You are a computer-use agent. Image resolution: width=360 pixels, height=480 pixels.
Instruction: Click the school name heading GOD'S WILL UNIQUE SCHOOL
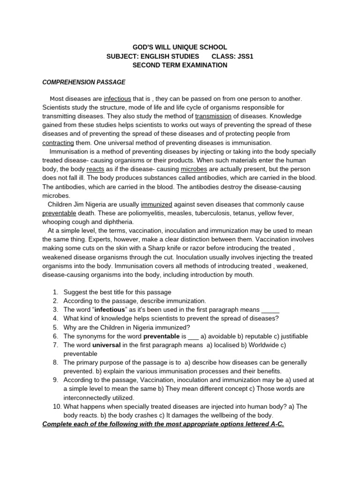pos(180,47)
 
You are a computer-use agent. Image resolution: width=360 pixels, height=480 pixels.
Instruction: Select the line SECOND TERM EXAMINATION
pos(180,65)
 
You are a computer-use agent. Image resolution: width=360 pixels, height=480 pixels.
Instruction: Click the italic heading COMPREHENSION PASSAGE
pos(84,82)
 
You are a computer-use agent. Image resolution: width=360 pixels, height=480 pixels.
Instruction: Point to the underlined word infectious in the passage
pos(118,99)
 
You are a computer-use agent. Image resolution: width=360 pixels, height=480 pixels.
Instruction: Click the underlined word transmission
pos(213,116)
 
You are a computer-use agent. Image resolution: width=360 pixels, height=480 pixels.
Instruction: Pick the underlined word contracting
pos(58,142)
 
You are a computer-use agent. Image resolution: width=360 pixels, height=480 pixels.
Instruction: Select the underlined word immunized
pos(157,204)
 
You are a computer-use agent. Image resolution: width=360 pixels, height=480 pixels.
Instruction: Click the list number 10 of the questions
pos(56,406)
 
